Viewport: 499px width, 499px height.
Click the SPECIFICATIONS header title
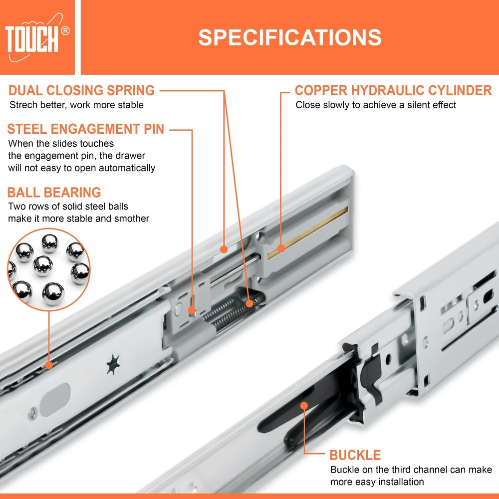pos(289,37)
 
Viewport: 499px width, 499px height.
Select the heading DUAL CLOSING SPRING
pos(81,90)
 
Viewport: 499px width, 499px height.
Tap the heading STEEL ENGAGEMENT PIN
pos(86,129)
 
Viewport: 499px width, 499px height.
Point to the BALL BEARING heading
pos(54,193)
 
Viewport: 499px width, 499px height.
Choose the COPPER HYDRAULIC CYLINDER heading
pos(393,90)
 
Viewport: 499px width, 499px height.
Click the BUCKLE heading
pos(355,455)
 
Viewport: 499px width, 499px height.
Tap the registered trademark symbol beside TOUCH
pos(65,31)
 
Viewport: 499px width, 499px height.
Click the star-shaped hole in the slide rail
pos(113,364)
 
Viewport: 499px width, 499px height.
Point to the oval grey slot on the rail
pos(55,400)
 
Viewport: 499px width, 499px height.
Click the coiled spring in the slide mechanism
pos(235,310)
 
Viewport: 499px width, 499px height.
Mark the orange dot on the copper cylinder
pos(280,248)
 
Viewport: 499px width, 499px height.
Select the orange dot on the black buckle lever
pos(304,405)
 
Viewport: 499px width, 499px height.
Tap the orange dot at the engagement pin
pos(192,310)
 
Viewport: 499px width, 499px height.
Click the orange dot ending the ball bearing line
pos(49,365)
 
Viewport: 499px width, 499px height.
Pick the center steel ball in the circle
pos(43,265)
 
